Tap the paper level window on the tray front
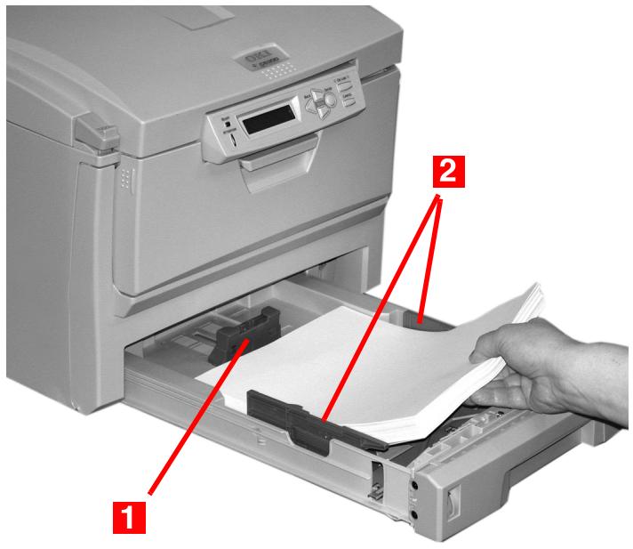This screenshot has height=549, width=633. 453,507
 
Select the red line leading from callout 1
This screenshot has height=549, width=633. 196,418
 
